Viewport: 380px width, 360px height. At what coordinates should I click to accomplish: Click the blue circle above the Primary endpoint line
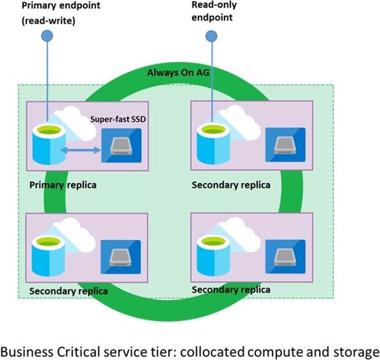(48, 35)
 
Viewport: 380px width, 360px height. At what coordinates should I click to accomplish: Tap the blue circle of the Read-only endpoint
(211, 35)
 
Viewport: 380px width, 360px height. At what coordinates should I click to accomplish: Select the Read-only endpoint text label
(212, 11)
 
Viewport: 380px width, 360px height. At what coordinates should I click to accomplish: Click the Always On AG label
(178, 73)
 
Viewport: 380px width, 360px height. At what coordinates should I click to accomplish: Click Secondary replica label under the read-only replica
(231, 184)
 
